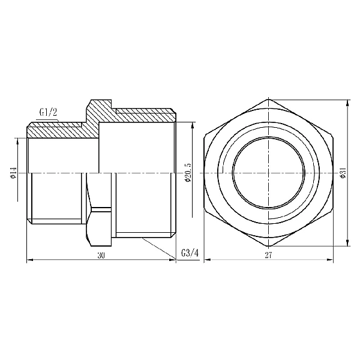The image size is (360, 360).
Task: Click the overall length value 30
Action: (101, 256)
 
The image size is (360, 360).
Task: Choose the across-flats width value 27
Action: (269, 256)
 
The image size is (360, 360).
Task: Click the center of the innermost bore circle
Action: (269, 173)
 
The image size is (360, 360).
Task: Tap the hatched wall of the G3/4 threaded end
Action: (144, 112)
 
